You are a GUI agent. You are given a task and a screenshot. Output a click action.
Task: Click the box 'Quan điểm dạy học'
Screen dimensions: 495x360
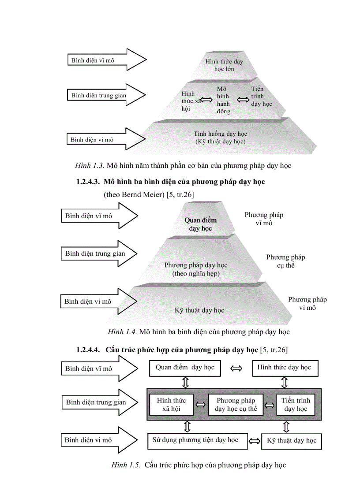(185, 368)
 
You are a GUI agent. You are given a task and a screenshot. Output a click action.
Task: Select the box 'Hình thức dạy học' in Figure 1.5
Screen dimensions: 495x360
(285, 368)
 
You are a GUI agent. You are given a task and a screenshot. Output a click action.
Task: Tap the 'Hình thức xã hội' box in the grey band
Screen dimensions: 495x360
(171, 405)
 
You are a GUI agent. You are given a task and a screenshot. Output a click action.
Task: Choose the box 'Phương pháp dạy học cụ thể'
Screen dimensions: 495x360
(235, 405)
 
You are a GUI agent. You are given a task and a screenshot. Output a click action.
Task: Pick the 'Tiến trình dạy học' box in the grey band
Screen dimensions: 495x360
(296, 405)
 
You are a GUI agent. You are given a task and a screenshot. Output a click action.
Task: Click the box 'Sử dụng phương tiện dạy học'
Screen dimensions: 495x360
(197, 440)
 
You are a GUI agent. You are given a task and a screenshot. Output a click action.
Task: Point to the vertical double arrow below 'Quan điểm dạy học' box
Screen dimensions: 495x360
(186, 382)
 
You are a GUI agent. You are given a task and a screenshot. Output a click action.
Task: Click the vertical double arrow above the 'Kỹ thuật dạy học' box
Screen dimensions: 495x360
(286, 427)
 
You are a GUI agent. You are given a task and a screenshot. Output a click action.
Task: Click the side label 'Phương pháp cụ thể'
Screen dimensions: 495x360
(285, 261)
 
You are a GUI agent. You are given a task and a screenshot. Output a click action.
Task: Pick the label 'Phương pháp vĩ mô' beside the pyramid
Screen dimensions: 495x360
(264, 219)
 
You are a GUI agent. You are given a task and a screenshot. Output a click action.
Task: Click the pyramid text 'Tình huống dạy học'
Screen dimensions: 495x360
(221, 134)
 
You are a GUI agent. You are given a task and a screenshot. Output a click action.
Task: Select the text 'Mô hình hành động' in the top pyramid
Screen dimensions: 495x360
(223, 100)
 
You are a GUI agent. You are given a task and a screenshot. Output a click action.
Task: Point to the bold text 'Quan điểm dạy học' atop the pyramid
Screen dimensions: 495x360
(201, 224)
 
